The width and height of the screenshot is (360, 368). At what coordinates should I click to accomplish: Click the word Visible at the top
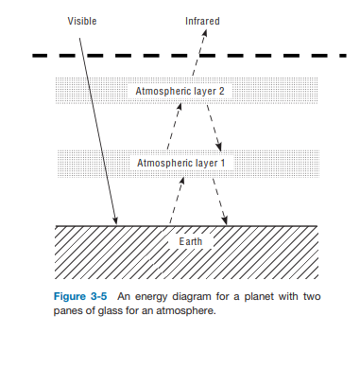pyautogui.click(x=82, y=21)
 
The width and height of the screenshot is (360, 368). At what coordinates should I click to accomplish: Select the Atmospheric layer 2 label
pyautogui.click(x=180, y=92)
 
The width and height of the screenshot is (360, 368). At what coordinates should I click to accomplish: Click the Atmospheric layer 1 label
pyautogui.click(x=180, y=163)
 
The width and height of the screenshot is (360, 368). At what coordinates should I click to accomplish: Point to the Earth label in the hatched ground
pyautogui.click(x=191, y=242)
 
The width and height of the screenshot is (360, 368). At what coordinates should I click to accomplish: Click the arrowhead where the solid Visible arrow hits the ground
pyautogui.click(x=116, y=222)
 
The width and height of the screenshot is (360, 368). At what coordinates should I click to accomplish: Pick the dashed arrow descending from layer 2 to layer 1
pyautogui.click(x=214, y=128)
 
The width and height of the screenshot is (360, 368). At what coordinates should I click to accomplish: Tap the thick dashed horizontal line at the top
pyautogui.click(x=180, y=55)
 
